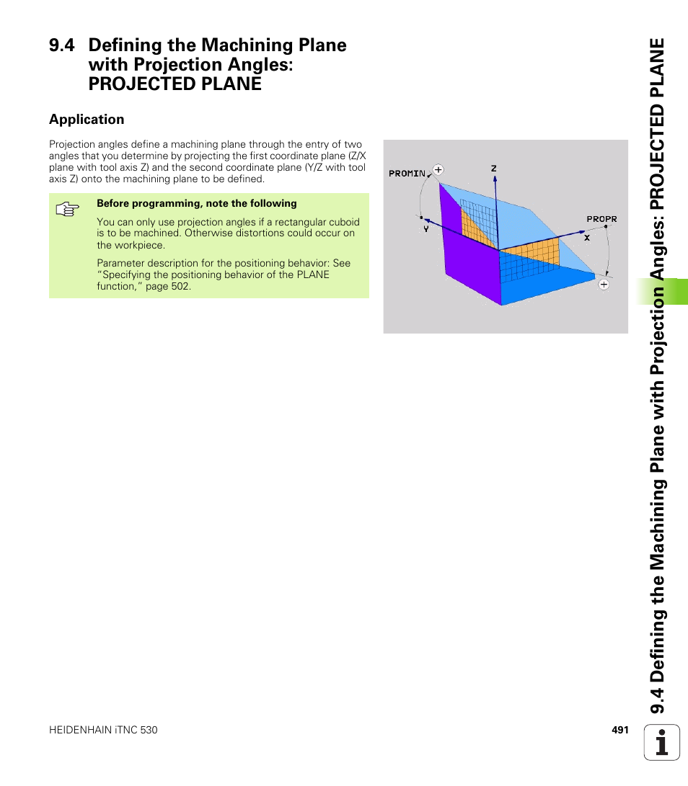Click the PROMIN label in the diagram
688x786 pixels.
point(407,174)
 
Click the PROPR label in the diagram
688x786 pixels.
point(601,219)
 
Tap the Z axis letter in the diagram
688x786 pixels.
point(494,169)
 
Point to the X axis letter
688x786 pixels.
point(587,237)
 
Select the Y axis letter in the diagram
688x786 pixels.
point(426,228)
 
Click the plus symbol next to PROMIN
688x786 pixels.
point(437,170)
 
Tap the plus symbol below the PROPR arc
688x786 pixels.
point(604,285)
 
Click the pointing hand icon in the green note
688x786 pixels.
point(66,210)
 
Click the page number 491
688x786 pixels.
point(620,730)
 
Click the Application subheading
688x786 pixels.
point(87,120)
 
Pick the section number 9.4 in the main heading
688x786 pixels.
point(62,45)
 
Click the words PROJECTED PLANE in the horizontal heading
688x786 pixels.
point(175,84)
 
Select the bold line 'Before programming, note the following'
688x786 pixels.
point(197,204)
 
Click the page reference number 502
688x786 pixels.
point(180,286)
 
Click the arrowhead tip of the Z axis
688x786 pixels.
point(494,178)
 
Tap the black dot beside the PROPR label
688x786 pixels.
point(607,226)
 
